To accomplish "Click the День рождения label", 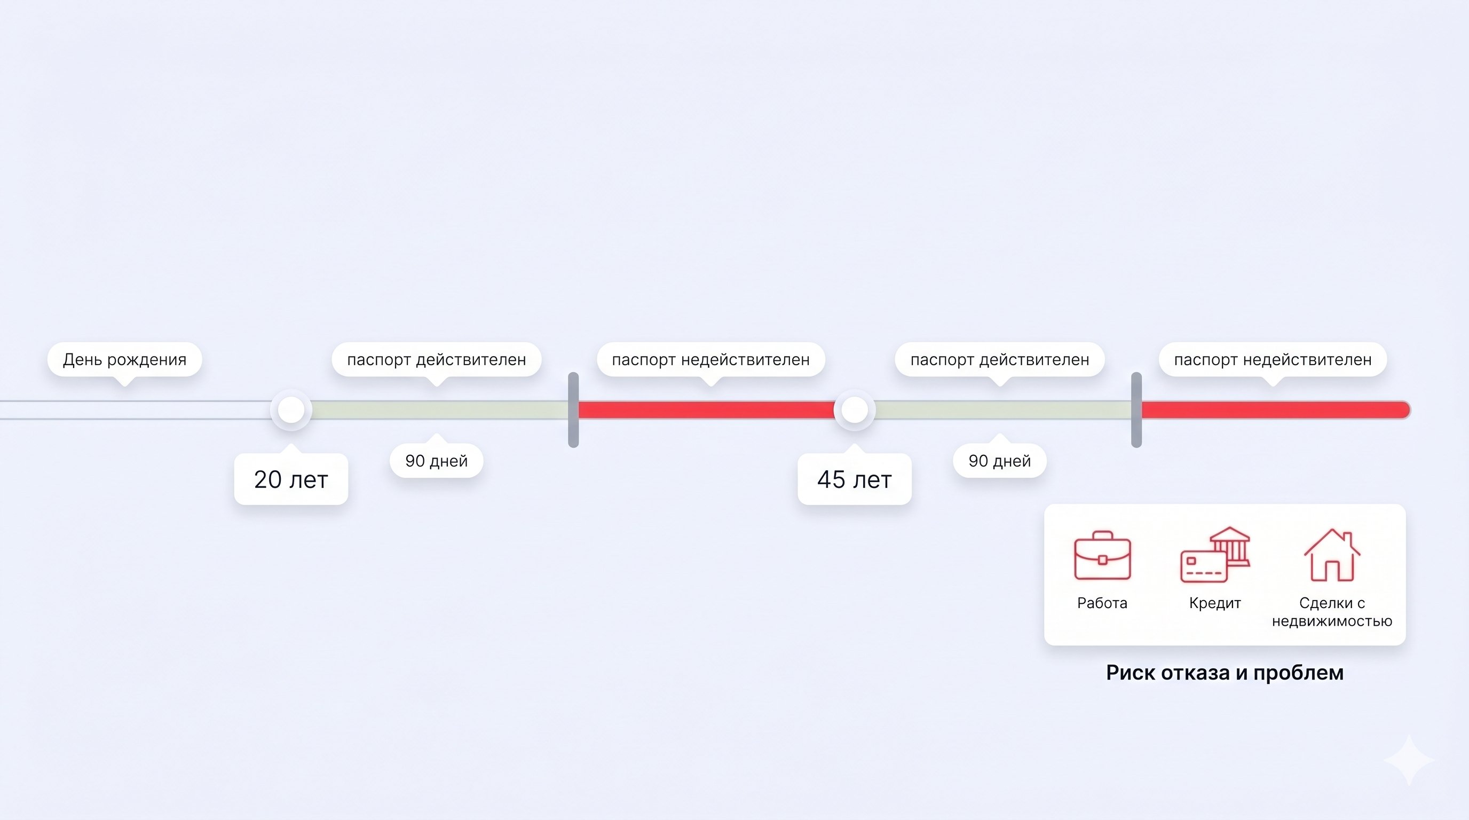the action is (x=124, y=360).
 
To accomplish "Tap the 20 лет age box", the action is (x=291, y=479).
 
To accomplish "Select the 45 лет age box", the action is (x=854, y=479).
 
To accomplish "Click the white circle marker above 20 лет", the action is (x=291, y=409).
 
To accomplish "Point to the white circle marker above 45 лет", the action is (x=854, y=409).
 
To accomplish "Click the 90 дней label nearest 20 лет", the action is (x=436, y=461).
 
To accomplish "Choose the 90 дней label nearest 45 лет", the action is (x=1000, y=461).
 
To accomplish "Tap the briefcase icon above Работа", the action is (x=1102, y=555).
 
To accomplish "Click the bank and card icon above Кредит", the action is (x=1215, y=555).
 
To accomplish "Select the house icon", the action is (x=1332, y=555).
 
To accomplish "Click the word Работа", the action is (x=1102, y=603).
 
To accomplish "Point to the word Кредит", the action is (x=1215, y=603).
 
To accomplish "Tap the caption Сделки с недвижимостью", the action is (x=1332, y=612).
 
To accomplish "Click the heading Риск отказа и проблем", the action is (x=1225, y=673).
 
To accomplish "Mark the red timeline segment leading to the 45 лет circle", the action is (x=707, y=409).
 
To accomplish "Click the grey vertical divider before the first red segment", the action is (x=574, y=410).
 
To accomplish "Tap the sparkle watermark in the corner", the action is (x=1409, y=760).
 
